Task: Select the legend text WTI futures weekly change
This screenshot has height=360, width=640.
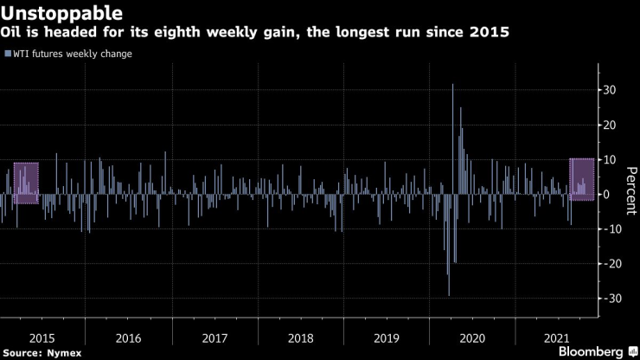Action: coord(73,54)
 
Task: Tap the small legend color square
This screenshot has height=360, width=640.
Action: coord(8,54)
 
